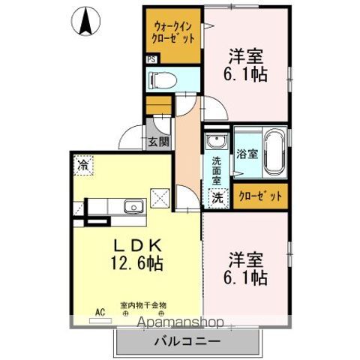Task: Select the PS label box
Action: pyautogui.click(x=151, y=60)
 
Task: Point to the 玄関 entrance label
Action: pyautogui.click(x=157, y=140)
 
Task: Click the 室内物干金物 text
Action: pyautogui.click(x=142, y=306)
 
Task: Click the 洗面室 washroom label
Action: pyautogui.click(x=216, y=170)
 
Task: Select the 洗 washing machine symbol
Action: pyautogui.click(x=216, y=199)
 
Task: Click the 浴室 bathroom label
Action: pyautogui.click(x=247, y=154)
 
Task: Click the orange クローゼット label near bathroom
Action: pyautogui.click(x=259, y=197)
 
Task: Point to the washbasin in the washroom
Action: pyautogui.click(x=217, y=142)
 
